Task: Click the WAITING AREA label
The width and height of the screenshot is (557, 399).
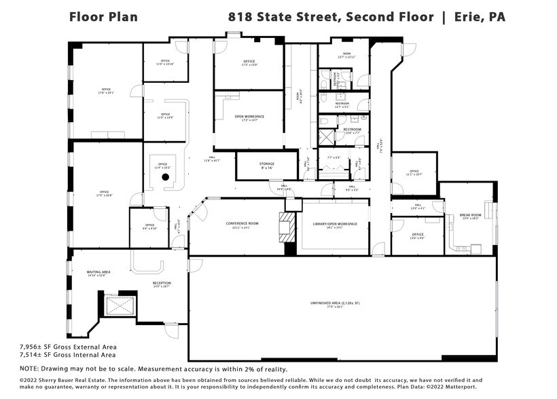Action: click(x=98, y=271)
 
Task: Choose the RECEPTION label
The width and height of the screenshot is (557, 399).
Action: click(x=161, y=283)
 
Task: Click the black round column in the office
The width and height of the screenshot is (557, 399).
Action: click(x=164, y=177)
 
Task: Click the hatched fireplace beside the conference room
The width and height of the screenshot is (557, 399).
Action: click(x=286, y=227)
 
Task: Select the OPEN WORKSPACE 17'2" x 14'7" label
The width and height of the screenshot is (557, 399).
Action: click(x=249, y=118)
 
